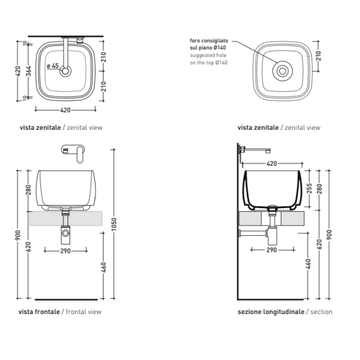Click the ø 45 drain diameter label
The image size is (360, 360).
click(x=53, y=66)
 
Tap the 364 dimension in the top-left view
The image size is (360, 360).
click(x=28, y=71)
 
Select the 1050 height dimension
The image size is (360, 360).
click(x=114, y=224)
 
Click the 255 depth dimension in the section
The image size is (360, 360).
click(x=309, y=189)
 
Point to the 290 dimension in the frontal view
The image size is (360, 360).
click(x=66, y=251)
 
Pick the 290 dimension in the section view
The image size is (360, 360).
click(x=272, y=250)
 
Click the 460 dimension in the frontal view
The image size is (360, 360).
click(x=103, y=267)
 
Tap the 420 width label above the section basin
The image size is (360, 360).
click(x=272, y=163)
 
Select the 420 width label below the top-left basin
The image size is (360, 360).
click(x=65, y=110)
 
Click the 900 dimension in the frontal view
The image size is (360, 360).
click(x=18, y=235)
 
